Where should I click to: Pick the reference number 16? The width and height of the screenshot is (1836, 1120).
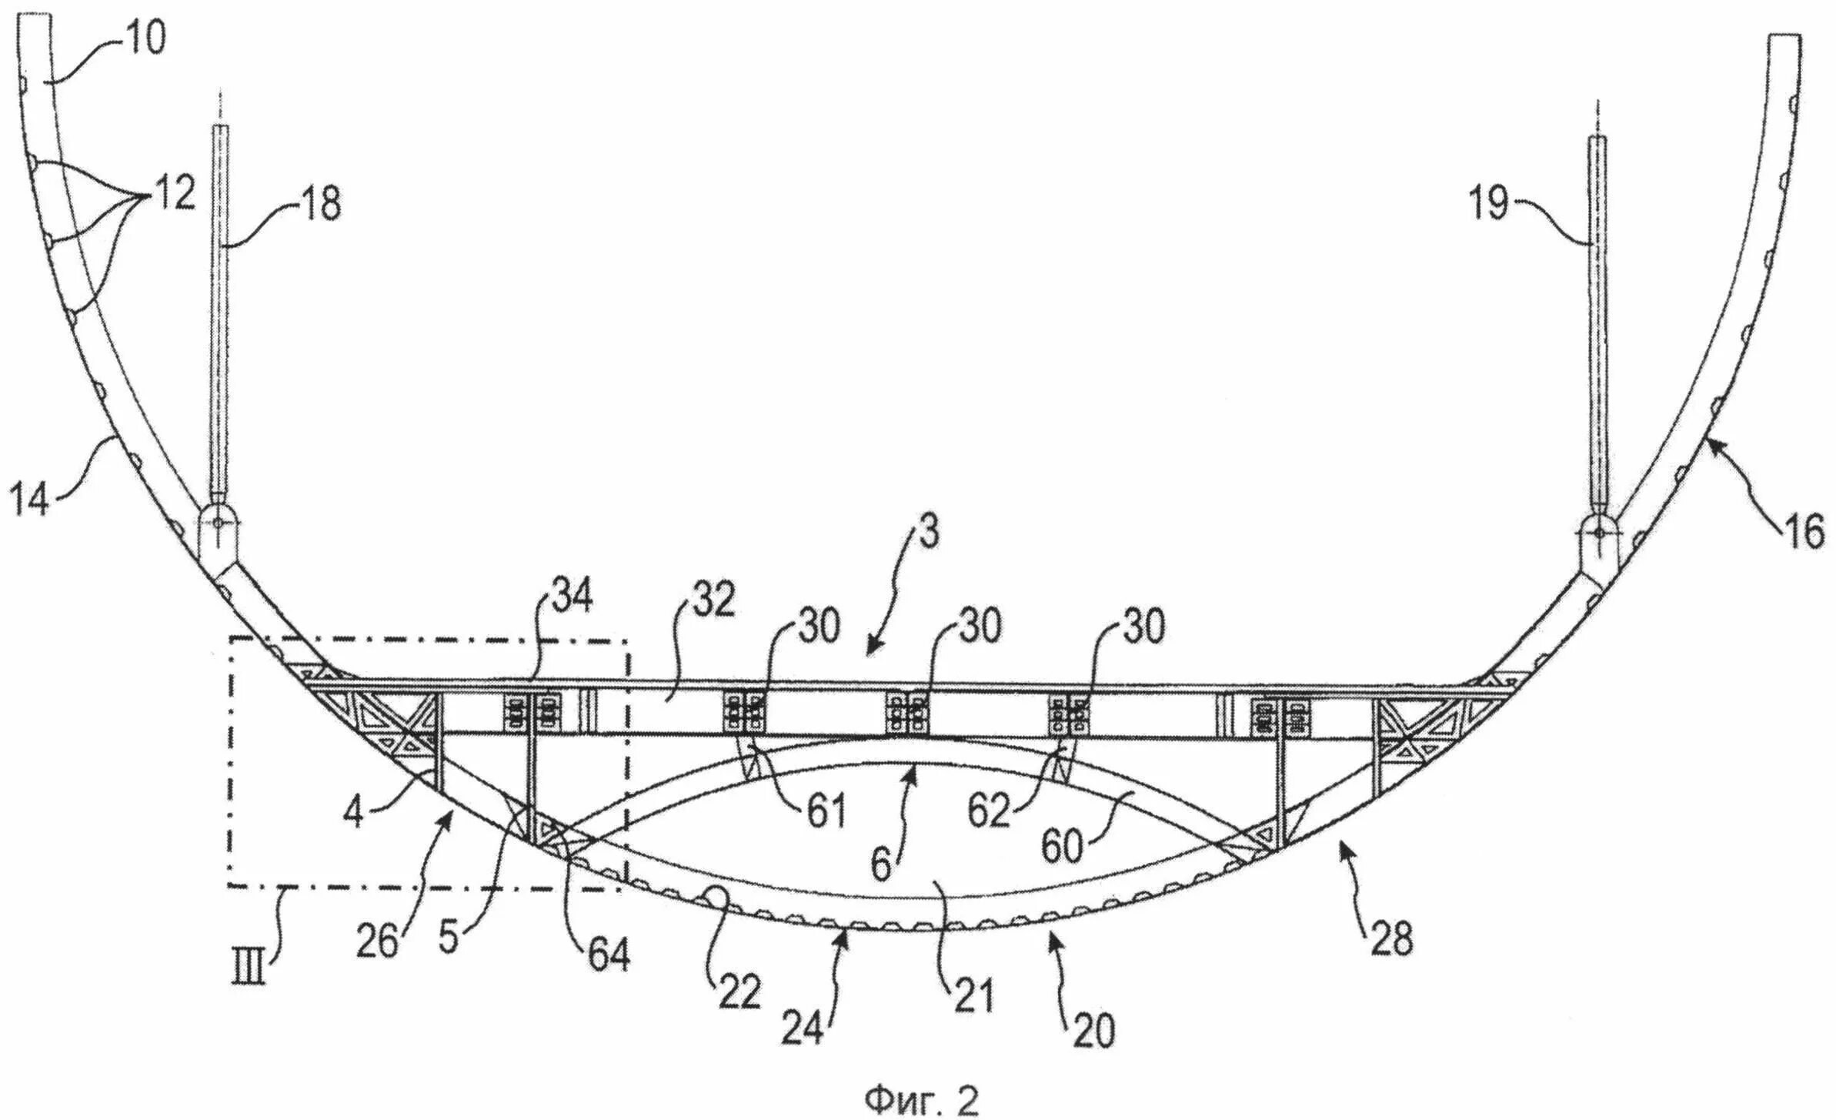(1801, 531)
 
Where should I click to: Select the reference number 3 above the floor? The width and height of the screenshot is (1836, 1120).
(930, 531)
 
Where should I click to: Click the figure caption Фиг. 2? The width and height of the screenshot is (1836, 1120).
(922, 1101)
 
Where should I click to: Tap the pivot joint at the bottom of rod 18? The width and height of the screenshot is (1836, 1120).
(218, 523)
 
